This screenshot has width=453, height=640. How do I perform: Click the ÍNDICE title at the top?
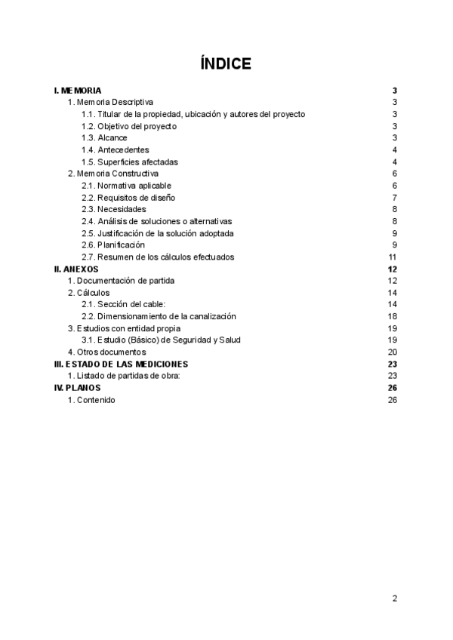click(226, 63)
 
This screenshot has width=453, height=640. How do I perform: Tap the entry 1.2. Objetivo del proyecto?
click(129, 126)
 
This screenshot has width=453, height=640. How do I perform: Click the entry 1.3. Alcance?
click(104, 138)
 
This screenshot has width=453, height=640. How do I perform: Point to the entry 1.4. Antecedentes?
click(116, 149)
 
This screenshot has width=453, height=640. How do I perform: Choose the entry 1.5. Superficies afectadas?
click(129, 162)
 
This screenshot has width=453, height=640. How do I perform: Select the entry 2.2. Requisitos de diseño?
click(128, 197)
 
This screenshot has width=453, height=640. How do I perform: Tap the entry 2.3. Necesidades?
click(113, 209)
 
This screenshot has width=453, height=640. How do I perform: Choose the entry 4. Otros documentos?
click(106, 352)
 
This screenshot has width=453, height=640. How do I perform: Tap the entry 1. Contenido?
click(91, 399)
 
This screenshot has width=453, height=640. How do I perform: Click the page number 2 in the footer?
click(394, 598)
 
